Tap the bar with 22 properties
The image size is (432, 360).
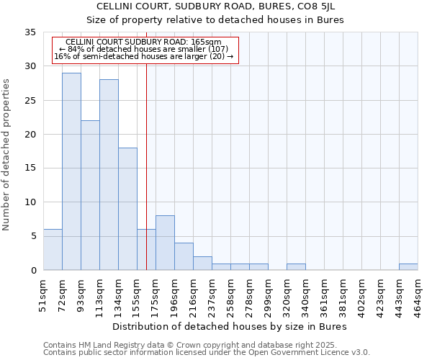(x=90, y=195)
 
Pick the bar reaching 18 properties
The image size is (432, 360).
(x=127, y=209)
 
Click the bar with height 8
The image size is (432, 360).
(x=165, y=243)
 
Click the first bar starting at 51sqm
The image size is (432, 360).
(x=53, y=250)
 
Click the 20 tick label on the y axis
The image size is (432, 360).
(x=30, y=135)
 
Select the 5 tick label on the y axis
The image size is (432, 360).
(x=33, y=236)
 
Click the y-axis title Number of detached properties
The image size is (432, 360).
(x=7, y=155)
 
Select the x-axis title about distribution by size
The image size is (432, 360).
(x=230, y=326)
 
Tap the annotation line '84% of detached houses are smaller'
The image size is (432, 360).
(x=143, y=49)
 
